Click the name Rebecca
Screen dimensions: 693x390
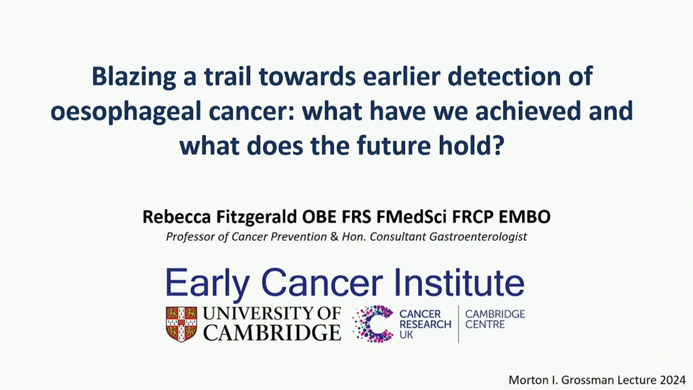click(176, 217)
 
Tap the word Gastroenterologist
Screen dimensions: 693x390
click(478, 237)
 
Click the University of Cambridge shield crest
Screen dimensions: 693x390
click(182, 324)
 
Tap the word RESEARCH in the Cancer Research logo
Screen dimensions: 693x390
click(425, 324)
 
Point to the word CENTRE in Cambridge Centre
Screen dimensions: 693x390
click(485, 324)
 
